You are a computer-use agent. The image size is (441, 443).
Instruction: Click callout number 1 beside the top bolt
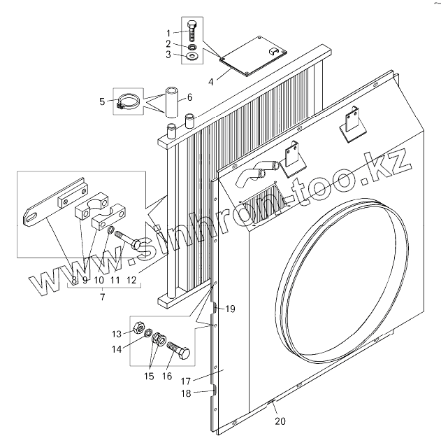point(168,33)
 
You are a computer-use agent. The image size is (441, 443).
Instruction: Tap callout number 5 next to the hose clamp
point(102,101)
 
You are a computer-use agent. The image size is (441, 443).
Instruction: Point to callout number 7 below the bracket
point(102,298)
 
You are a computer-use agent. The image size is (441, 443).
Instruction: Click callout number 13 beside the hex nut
point(117,332)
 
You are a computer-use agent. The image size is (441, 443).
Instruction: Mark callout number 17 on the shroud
point(187,381)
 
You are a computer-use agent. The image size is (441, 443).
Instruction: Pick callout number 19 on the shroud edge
point(231,309)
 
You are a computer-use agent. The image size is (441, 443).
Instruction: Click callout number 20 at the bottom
point(280,421)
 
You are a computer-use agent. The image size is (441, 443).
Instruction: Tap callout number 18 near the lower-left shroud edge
point(187,394)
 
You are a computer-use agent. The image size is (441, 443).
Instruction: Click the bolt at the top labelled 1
point(192,31)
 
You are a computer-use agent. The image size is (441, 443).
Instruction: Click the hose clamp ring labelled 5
point(126,104)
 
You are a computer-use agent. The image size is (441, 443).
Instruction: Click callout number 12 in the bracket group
point(131,280)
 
